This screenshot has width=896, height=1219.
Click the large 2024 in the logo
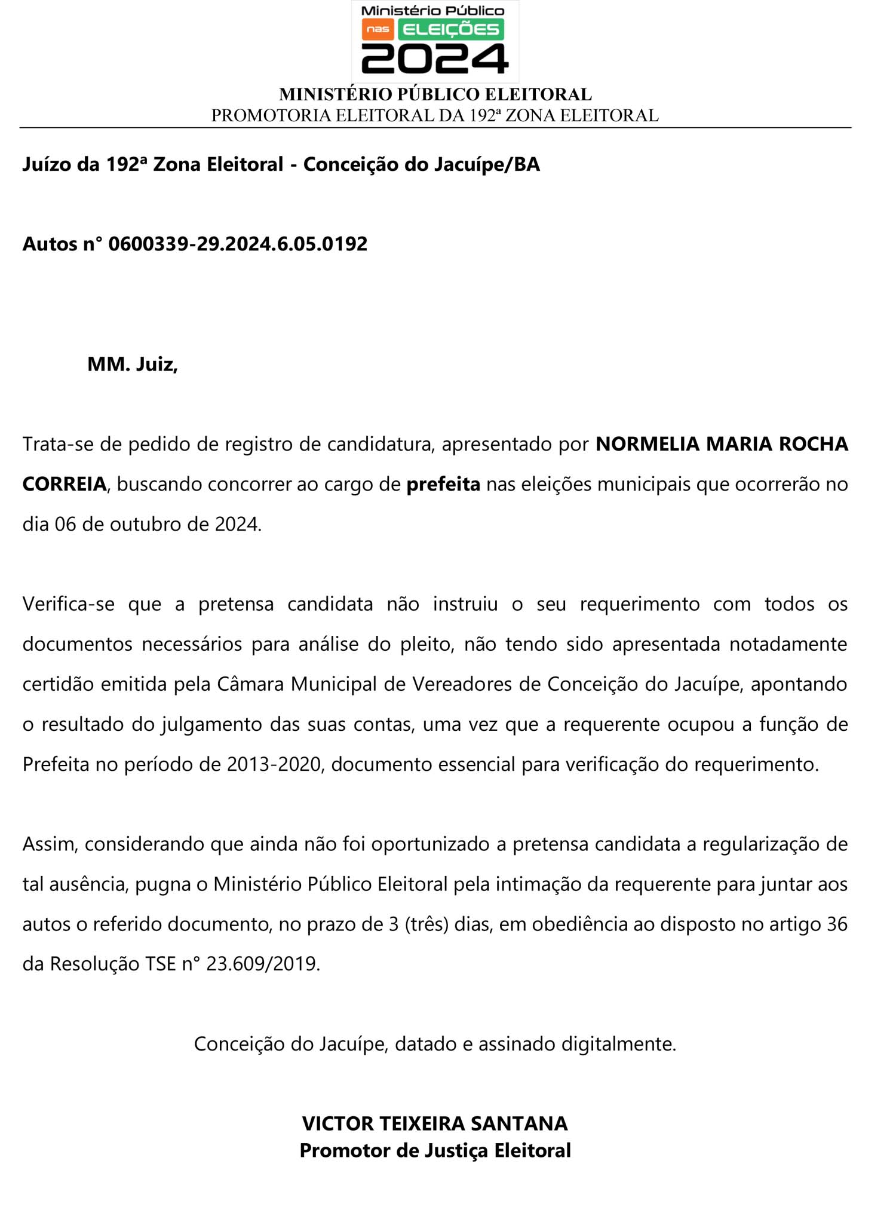click(x=434, y=59)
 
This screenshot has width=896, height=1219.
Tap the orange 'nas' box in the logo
click(x=378, y=29)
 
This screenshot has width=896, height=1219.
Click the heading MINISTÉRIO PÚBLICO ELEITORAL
click(x=435, y=94)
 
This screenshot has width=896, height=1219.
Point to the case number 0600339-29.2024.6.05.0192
click(x=238, y=244)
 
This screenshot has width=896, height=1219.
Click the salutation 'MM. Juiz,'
click(x=133, y=364)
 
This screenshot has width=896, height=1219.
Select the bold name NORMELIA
click(x=648, y=444)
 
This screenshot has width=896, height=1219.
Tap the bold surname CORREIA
click(x=65, y=484)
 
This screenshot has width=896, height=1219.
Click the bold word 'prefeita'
click(x=443, y=484)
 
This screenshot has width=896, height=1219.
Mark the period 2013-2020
click(x=274, y=764)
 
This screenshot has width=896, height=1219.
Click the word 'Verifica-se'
click(x=69, y=604)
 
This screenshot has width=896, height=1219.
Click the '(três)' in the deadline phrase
click(x=426, y=924)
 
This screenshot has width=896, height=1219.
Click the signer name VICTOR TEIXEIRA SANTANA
click(x=435, y=1124)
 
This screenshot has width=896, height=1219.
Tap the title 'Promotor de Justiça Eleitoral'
click(x=435, y=1151)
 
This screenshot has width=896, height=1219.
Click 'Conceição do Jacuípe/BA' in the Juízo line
click(x=421, y=164)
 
